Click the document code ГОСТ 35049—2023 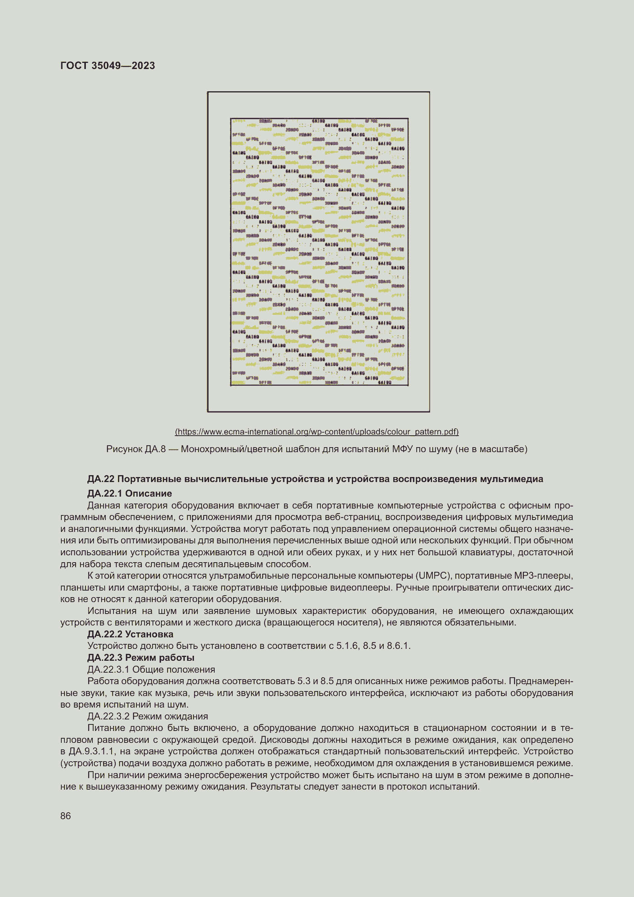pos(108,65)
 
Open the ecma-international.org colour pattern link pos(317,431)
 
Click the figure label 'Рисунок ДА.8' pos(135,449)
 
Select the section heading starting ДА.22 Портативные pos(315,479)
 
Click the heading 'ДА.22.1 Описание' pos(130,493)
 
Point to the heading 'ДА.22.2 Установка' pos(130,634)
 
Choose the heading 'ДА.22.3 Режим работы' pos(141,657)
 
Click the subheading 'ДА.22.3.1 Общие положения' pos(151,669)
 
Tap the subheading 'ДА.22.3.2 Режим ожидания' pos(148,716)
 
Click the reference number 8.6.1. pos(398,645)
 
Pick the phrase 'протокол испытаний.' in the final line pos(432,787)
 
